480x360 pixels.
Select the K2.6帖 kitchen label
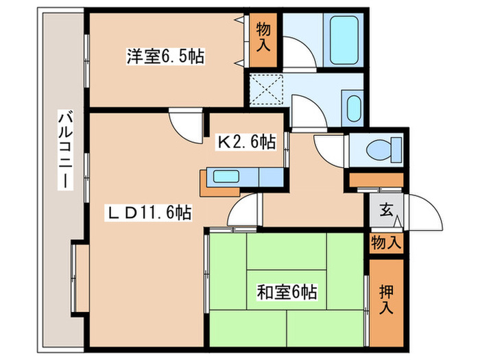coord(247,142)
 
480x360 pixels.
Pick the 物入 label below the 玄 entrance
coord(386,243)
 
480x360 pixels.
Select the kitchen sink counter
coord(240,177)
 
